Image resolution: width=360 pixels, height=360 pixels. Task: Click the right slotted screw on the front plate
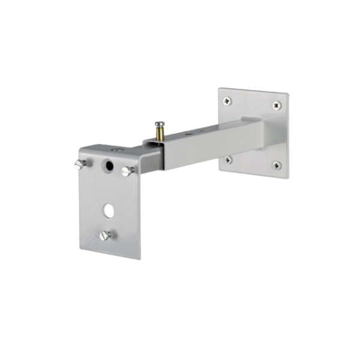126,171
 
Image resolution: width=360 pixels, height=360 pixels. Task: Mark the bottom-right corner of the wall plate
286,178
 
